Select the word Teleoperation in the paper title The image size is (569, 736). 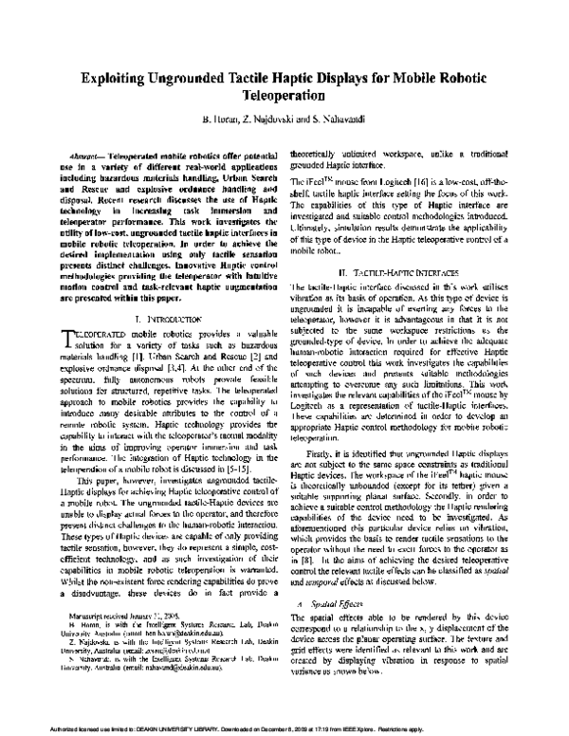[284, 96]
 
